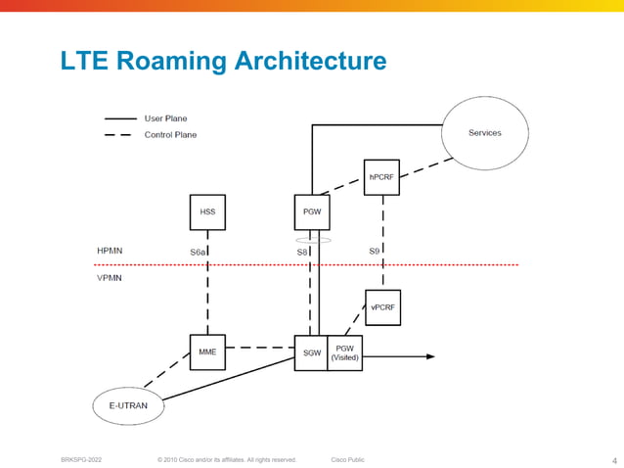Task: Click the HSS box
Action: coord(207,212)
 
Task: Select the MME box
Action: coord(207,351)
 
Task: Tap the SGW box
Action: coord(311,352)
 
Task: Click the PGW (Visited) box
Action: coord(345,352)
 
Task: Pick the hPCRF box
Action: coord(381,177)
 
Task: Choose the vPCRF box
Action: coord(382,307)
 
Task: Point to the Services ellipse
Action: coord(485,133)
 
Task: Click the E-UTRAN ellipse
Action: coord(127,405)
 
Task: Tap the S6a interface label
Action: coord(198,253)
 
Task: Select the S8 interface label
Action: coord(302,253)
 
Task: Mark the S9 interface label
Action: coord(374,252)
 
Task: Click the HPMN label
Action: coord(110,251)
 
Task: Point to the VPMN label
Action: coord(110,277)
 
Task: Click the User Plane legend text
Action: coord(166,118)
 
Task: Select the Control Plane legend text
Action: coord(170,134)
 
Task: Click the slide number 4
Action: coord(614,460)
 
